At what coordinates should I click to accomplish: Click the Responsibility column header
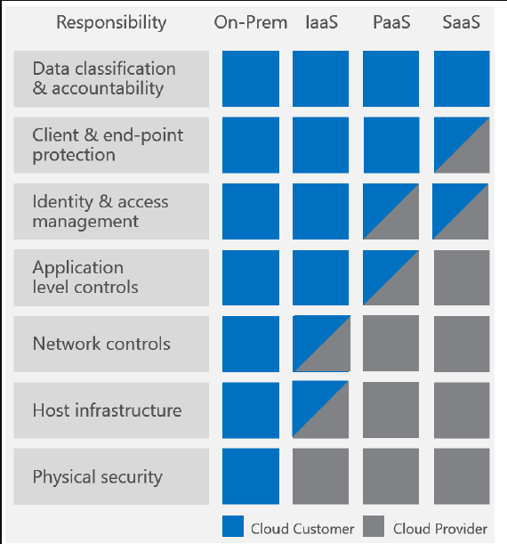[x=111, y=23]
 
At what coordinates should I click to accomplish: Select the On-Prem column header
[x=251, y=22]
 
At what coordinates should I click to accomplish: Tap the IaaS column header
[x=321, y=22]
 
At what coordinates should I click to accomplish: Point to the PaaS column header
[x=391, y=22]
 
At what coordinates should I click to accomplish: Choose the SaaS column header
[x=462, y=22]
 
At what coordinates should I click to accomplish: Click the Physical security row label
[x=97, y=477]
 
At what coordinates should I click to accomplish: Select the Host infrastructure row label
[x=107, y=410]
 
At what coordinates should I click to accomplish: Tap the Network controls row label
[x=101, y=344]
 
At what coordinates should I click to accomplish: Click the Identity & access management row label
[x=101, y=211]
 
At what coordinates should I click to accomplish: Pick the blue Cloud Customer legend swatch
[x=233, y=526]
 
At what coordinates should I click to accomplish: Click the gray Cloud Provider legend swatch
[x=374, y=526]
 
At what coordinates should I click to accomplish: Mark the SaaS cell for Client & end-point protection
[x=462, y=145]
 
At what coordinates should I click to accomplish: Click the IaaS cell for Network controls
[x=321, y=344]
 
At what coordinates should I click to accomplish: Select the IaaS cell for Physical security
[x=320, y=476]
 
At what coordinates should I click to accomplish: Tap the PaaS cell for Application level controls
[x=390, y=278]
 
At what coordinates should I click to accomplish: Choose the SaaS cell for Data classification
[x=462, y=78]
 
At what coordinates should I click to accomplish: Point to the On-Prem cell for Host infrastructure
[x=251, y=410]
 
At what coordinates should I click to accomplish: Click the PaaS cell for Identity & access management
[x=390, y=211]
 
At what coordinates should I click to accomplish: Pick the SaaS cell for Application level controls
[x=462, y=278]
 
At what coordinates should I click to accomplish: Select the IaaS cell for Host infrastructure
[x=320, y=410]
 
